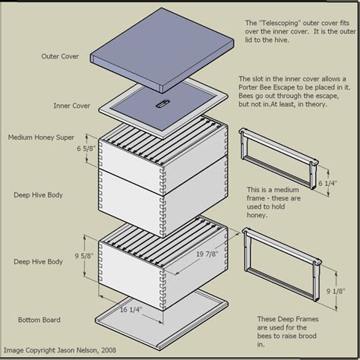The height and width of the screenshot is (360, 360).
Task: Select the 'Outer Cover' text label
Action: pos(62,56)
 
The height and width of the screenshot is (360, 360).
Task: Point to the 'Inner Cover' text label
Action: pos(72,106)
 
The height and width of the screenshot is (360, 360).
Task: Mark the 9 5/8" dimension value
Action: pos(83,257)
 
